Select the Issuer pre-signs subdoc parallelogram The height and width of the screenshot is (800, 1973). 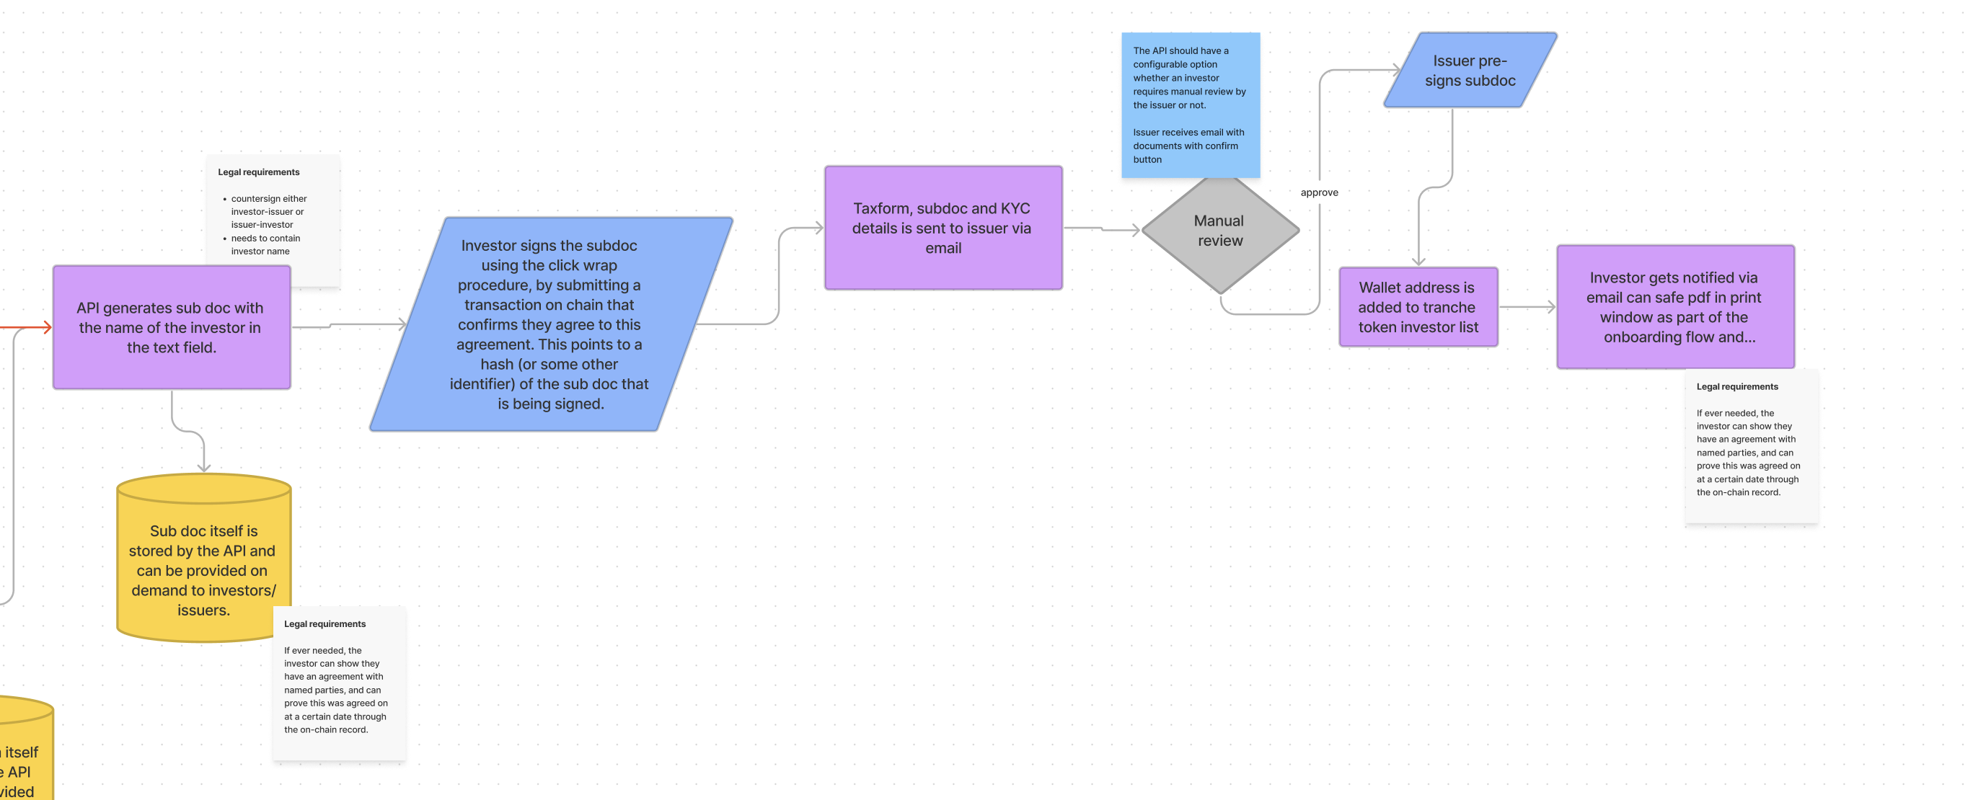tap(1469, 71)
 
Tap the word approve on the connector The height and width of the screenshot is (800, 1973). tap(1319, 192)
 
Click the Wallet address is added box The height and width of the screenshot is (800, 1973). tap(1418, 307)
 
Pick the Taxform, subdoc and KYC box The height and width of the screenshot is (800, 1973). tap(942, 228)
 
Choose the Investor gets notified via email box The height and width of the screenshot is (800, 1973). tap(1674, 307)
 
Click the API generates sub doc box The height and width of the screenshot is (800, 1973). tap(171, 328)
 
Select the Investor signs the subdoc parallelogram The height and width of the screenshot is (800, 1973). tap(550, 324)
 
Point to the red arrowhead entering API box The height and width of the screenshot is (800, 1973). tap(48, 328)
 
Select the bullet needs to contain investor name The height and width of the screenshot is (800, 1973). tap(265, 245)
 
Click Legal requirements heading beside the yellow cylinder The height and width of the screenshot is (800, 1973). tap(325, 624)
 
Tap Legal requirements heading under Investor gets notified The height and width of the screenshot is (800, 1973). tap(1736, 386)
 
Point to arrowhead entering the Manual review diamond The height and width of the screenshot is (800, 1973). tap(1136, 230)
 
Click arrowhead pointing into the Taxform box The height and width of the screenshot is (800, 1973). tap(818, 227)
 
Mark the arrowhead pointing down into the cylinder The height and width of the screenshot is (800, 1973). tap(204, 467)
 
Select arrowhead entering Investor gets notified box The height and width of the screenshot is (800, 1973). tap(1551, 307)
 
